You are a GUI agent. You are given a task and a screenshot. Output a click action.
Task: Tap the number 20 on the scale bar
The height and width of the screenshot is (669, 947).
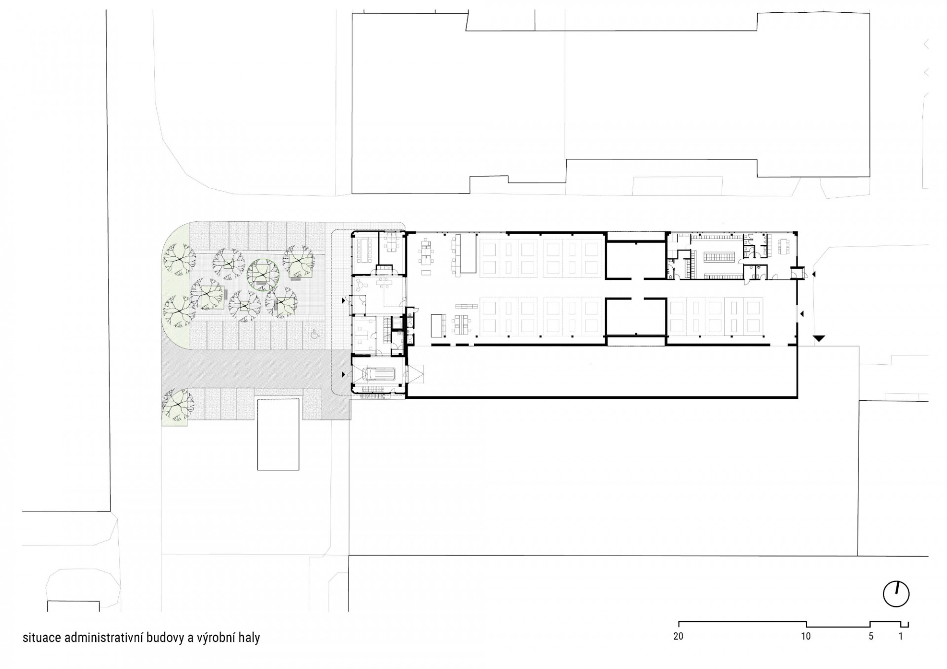pyautogui.click(x=678, y=636)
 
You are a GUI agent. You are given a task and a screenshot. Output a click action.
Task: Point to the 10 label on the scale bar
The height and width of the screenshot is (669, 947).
pyautogui.click(x=805, y=636)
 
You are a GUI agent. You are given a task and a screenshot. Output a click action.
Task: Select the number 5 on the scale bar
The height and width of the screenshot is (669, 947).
pyautogui.click(x=871, y=636)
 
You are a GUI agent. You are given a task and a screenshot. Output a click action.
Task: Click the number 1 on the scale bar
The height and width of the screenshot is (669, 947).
pyautogui.click(x=901, y=636)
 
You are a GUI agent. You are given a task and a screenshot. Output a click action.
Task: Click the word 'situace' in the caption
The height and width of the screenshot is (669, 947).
pyautogui.click(x=41, y=638)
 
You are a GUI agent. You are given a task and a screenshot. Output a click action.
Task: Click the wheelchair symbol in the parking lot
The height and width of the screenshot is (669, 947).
pyautogui.click(x=314, y=334)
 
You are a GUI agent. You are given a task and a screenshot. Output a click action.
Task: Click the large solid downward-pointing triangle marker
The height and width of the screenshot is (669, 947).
pyautogui.click(x=819, y=338)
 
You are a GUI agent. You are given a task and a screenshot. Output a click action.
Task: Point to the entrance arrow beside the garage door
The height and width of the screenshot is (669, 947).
pyautogui.click(x=344, y=375)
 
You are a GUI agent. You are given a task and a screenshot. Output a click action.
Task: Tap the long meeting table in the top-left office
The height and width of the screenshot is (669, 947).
pyautogui.click(x=366, y=245)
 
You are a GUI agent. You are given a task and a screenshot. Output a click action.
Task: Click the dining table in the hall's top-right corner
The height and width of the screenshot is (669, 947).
pyautogui.click(x=783, y=244)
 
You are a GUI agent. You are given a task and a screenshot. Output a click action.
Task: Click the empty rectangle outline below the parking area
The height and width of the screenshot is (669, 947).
pyautogui.click(x=278, y=434)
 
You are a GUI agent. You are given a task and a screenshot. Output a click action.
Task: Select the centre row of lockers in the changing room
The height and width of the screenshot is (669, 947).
pyautogui.click(x=719, y=256)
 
